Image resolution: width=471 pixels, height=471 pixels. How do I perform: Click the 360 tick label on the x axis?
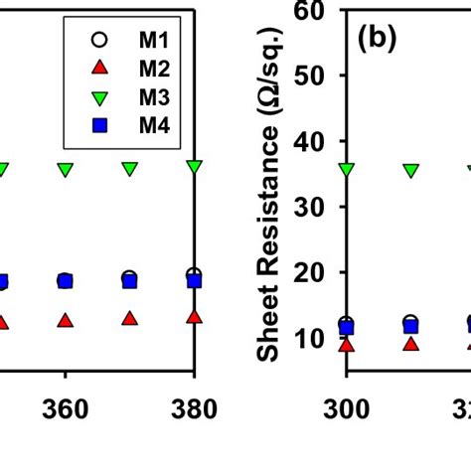coord(65,410)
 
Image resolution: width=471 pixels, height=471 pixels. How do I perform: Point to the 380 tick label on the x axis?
coord(194,410)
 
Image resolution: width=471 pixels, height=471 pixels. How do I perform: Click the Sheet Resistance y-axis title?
coord(268,199)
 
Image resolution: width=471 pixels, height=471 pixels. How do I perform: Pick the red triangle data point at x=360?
coord(65,321)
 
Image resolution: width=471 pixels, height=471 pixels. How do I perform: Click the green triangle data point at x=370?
coord(129,169)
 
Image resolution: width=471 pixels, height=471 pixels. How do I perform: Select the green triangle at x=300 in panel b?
coord(346,170)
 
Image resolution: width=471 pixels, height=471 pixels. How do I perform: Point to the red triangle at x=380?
coord(194,316)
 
